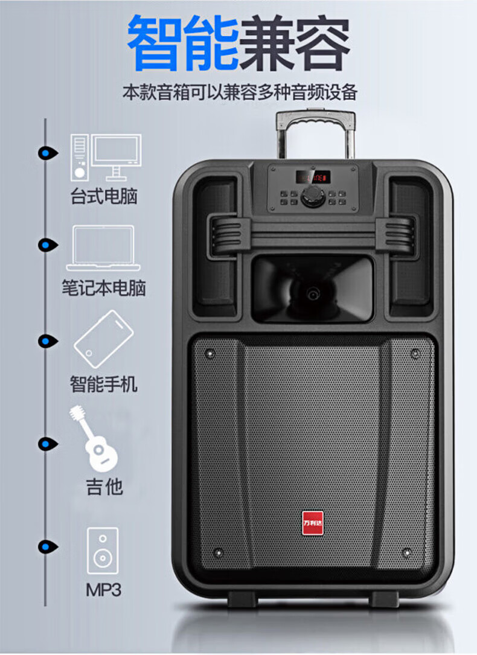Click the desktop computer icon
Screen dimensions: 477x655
106,157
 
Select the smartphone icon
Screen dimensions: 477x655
103,339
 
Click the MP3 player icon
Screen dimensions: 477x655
102,550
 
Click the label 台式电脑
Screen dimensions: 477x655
104,196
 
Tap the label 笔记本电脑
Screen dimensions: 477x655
104,287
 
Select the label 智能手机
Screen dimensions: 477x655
104,384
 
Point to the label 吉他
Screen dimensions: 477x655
104,487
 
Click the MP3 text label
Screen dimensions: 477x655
103,589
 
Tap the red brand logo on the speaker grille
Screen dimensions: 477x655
313,522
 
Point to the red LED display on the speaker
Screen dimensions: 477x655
313,177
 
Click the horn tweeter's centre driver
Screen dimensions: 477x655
313,293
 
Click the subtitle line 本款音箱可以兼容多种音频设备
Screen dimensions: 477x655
240,92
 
